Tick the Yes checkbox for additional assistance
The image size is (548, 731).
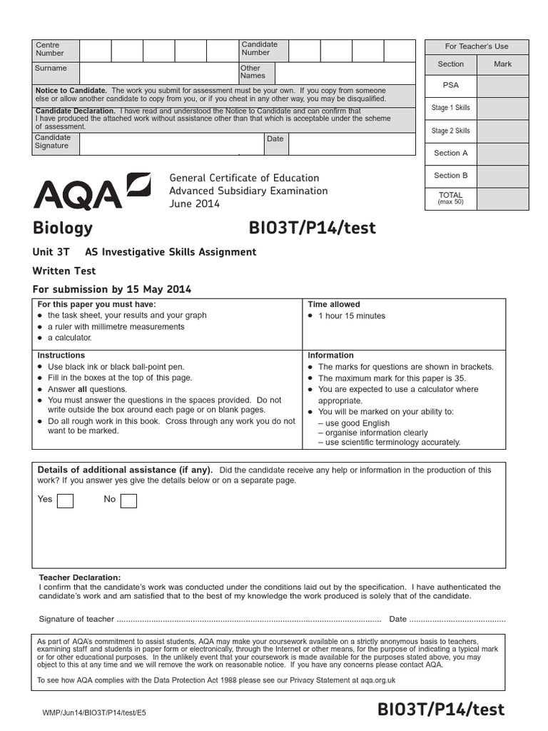(x=65, y=500)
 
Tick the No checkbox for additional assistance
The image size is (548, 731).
(x=128, y=500)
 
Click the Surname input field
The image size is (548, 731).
(x=158, y=73)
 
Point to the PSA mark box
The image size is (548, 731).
(x=502, y=85)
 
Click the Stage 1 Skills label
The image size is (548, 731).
(x=450, y=108)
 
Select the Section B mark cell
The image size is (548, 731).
(x=502, y=176)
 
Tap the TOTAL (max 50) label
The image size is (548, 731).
(x=450, y=198)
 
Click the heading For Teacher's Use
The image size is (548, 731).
(x=477, y=46)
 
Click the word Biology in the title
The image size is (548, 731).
(x=63, y=228)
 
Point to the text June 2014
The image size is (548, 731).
(x=194, y=204)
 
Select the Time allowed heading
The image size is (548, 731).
(x=334, y=304)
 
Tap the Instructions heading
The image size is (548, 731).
(x=61, y=355)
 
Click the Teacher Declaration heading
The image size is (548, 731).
(x=80, y=578)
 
